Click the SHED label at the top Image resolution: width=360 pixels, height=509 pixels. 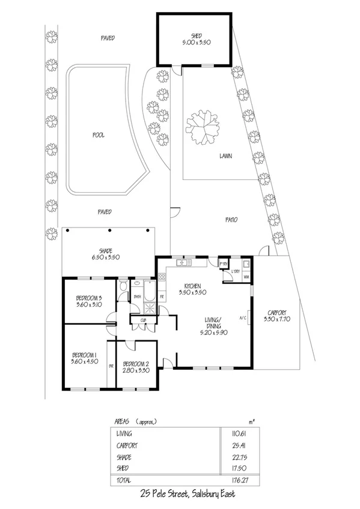(x=195, y=35)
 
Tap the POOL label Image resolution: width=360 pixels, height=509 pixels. (x=98, y=135)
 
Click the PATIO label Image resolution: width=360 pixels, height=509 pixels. (x=231, y=220)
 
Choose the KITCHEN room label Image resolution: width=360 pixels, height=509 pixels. (x=193, y=286)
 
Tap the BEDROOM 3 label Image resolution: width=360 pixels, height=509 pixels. (x=88, y=298)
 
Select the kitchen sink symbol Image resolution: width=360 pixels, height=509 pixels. (x=183, y=263)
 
